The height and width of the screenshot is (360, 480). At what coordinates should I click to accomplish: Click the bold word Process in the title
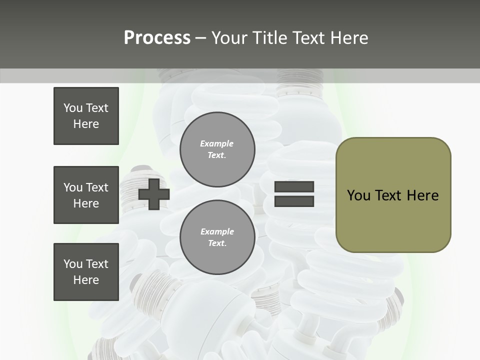(x=157, y=37)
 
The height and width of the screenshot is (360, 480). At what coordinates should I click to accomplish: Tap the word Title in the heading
(x=268, y=37)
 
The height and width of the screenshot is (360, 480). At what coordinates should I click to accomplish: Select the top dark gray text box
(x=86, y=116)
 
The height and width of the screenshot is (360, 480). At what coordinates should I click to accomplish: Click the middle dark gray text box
(x=86, y=195)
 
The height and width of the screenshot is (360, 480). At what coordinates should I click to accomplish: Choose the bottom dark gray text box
(x=86, y=271)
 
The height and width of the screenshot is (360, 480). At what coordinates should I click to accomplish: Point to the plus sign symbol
(x=154, y=194)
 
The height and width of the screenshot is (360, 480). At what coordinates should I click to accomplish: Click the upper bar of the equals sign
(x=294, y=187)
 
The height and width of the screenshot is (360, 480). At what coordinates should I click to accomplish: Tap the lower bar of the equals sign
(x=294, y=201)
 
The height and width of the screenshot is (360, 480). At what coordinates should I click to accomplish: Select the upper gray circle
(x=217, y=149)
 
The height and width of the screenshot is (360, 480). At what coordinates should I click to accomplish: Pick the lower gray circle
(x=217, y=237)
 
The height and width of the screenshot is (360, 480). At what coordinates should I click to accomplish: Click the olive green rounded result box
(x=393, y=195)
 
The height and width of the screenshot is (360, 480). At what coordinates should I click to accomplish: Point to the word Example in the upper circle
(x=217, y=143)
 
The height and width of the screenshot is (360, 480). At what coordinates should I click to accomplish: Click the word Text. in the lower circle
(x=217, y=243)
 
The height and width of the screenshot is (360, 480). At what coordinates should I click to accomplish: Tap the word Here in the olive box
(x=422, y=195)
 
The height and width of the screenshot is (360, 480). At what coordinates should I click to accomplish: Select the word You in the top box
(x=73, y=108)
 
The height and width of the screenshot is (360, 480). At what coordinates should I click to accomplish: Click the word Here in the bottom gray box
(x=86, y=280)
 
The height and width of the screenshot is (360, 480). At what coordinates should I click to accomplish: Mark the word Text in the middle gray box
(x=97, y=187)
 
